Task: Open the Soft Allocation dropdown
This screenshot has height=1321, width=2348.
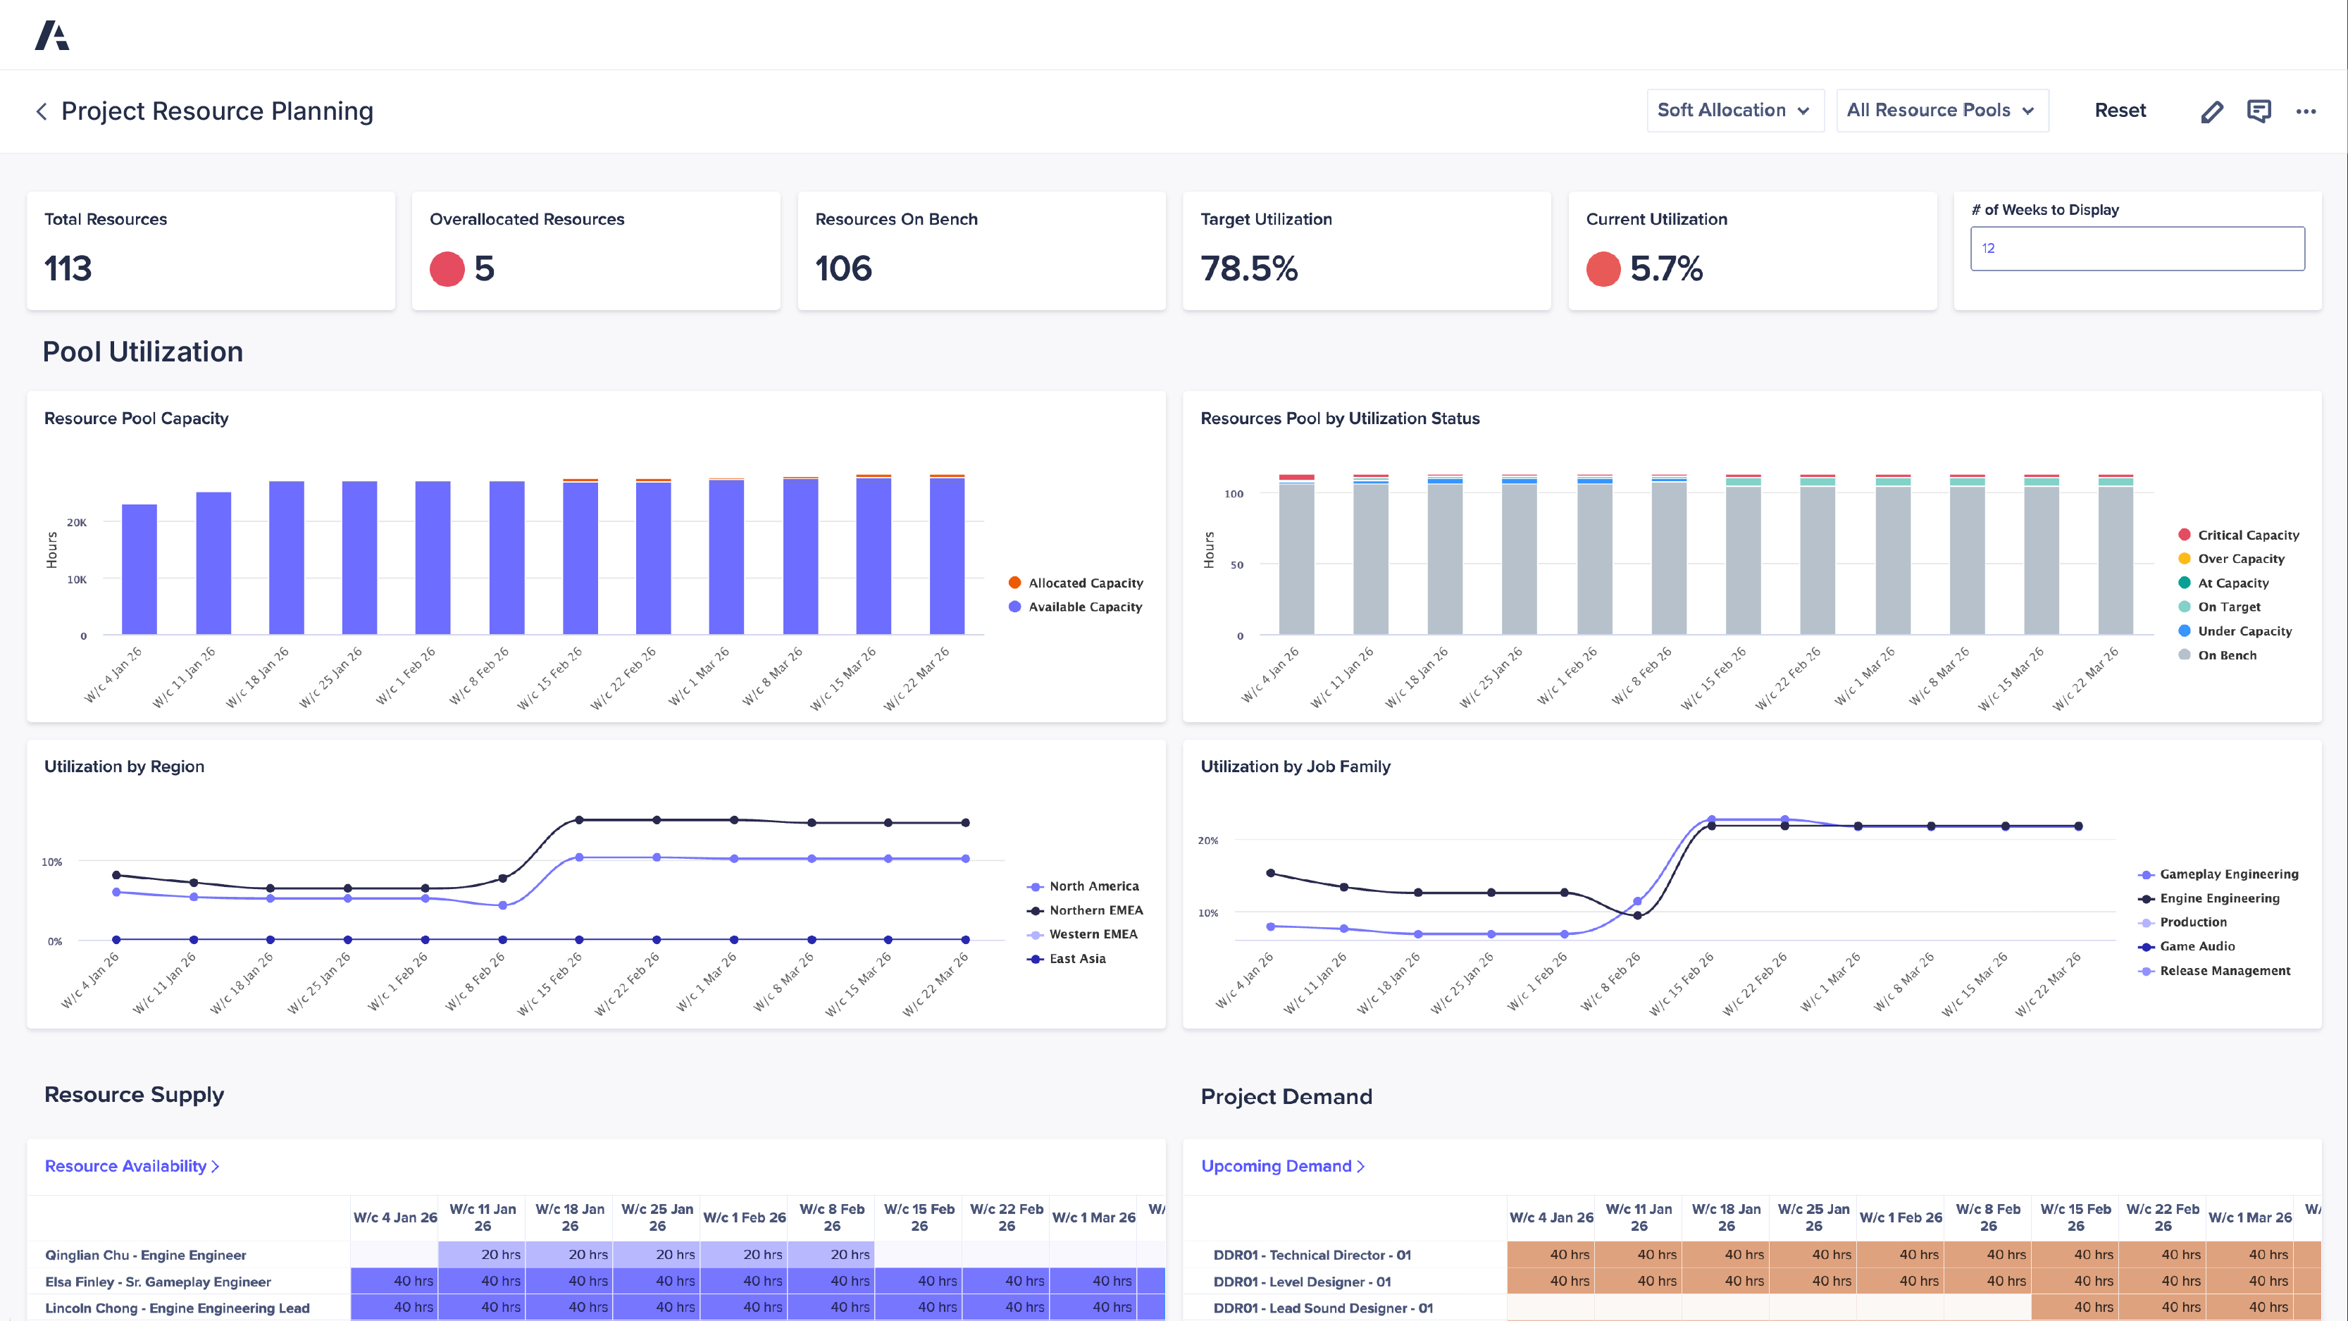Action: tap(1734, 111)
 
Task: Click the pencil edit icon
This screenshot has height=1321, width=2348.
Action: tap(2211, 111)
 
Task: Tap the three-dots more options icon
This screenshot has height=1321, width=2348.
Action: tap(2305, 111)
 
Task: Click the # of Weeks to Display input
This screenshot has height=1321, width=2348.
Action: tap(2137, 248)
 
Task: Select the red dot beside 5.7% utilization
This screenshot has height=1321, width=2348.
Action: tap(1603, 269)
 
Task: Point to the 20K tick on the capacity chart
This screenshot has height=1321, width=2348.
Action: tap(77, 522)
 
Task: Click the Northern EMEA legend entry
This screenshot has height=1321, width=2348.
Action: tap(1095, 910)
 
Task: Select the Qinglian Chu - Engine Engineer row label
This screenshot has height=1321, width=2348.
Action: tap(146, 1255)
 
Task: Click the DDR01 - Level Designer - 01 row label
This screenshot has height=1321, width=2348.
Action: tap(1302, 1281)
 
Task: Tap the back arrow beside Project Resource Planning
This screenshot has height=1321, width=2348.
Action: tap(41, 111)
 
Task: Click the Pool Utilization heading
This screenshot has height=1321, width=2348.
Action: tap(143, 352)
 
